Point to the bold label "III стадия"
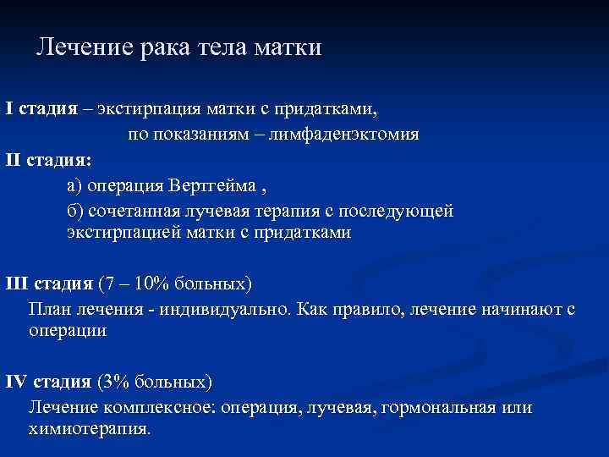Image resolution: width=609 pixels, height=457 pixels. [x=50, y=282]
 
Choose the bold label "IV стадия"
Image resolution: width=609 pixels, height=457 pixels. [x=49, y=381]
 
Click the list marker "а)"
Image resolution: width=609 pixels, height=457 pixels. [x=76, y=184]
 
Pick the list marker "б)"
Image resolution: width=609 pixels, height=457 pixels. [x=76, y=209]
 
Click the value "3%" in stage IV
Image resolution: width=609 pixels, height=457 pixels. [x=118, y=381]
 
